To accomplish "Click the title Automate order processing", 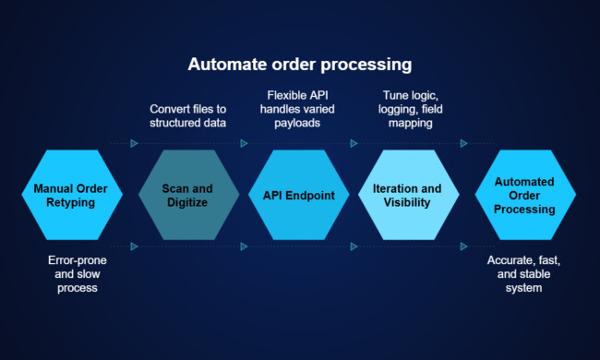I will [300, 66].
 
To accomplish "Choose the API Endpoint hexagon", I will [301, 195].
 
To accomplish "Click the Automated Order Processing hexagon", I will [524, 195].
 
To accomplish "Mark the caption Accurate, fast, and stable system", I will [524, 274].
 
